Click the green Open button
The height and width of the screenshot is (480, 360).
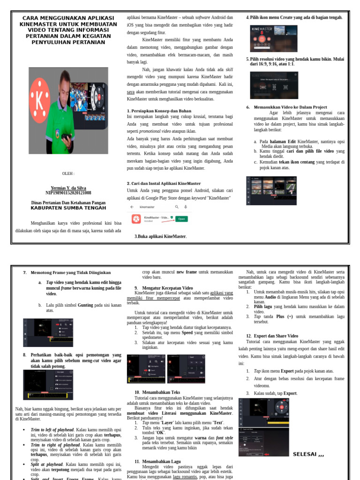181,219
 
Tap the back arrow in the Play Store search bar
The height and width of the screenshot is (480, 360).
132,207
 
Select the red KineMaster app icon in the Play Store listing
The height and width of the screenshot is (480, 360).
136,219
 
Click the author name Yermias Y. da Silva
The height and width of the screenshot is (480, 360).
68,187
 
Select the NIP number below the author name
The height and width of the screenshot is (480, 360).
68,193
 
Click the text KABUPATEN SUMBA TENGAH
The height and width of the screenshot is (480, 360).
68,208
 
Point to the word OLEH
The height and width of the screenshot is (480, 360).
68,173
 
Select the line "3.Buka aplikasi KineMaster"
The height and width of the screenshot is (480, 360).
160,237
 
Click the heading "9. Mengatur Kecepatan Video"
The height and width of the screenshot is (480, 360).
164,287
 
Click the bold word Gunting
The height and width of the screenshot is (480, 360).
85,305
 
